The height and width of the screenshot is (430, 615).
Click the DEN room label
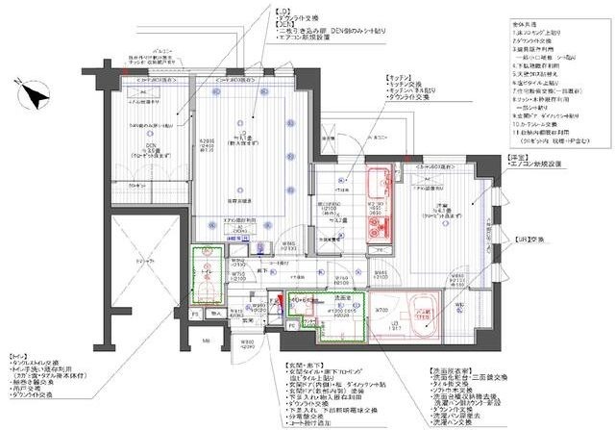(151, 146)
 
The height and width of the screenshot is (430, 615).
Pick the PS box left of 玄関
(196, 316)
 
